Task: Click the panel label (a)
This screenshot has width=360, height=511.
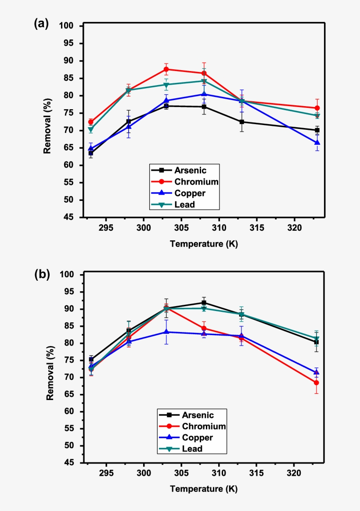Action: click(42, 25)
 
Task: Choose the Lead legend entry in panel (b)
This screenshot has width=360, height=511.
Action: click(192, 448)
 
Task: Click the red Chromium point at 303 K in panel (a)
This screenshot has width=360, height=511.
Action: click(166, 69)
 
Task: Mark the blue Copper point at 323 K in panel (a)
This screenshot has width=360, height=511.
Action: click(317, 143)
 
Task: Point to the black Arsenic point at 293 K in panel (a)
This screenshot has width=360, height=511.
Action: click(91, 153)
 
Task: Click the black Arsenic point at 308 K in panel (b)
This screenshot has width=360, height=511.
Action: click(204, 303)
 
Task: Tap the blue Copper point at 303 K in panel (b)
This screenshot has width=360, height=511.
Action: click(166, 332)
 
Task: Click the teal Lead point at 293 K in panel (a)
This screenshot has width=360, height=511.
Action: click(91, 130)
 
